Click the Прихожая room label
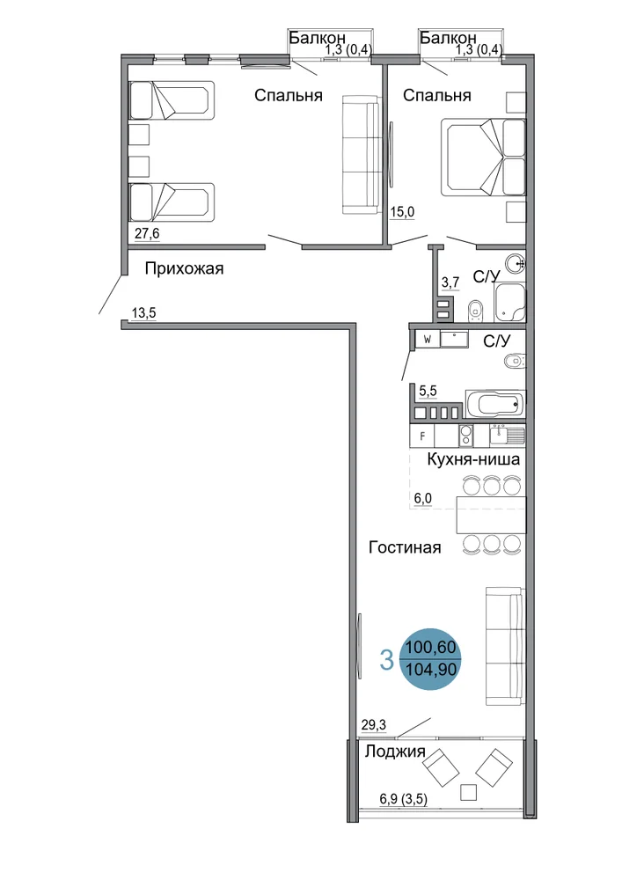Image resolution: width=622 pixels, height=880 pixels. click(184, 268)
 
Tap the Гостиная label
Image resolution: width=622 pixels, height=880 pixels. click(405, 547)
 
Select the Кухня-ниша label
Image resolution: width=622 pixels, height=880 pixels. click(473, 459)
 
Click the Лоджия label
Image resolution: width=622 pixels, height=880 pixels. click(395, 752)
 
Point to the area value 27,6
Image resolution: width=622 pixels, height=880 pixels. click(146, 233)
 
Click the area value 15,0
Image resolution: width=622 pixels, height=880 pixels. click(402, 212)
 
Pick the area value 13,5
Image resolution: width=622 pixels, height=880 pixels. click(143, 312)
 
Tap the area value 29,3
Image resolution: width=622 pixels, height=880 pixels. click(374, 725)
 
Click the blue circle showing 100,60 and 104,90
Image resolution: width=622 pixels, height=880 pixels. click(431, 659)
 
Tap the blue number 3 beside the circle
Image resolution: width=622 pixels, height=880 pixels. click(386, 660)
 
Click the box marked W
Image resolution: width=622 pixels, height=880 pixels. click(428, 340)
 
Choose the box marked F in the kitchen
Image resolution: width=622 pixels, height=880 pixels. click(422, 436)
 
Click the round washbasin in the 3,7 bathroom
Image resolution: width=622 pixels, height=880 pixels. click(515, 262)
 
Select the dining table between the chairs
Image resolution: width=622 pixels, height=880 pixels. click(491, 515)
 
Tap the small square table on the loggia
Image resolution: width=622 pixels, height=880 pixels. click(468, 792)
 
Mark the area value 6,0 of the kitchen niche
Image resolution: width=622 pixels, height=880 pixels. click(423, 498)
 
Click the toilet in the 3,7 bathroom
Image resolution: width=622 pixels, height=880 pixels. click(475, 309)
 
